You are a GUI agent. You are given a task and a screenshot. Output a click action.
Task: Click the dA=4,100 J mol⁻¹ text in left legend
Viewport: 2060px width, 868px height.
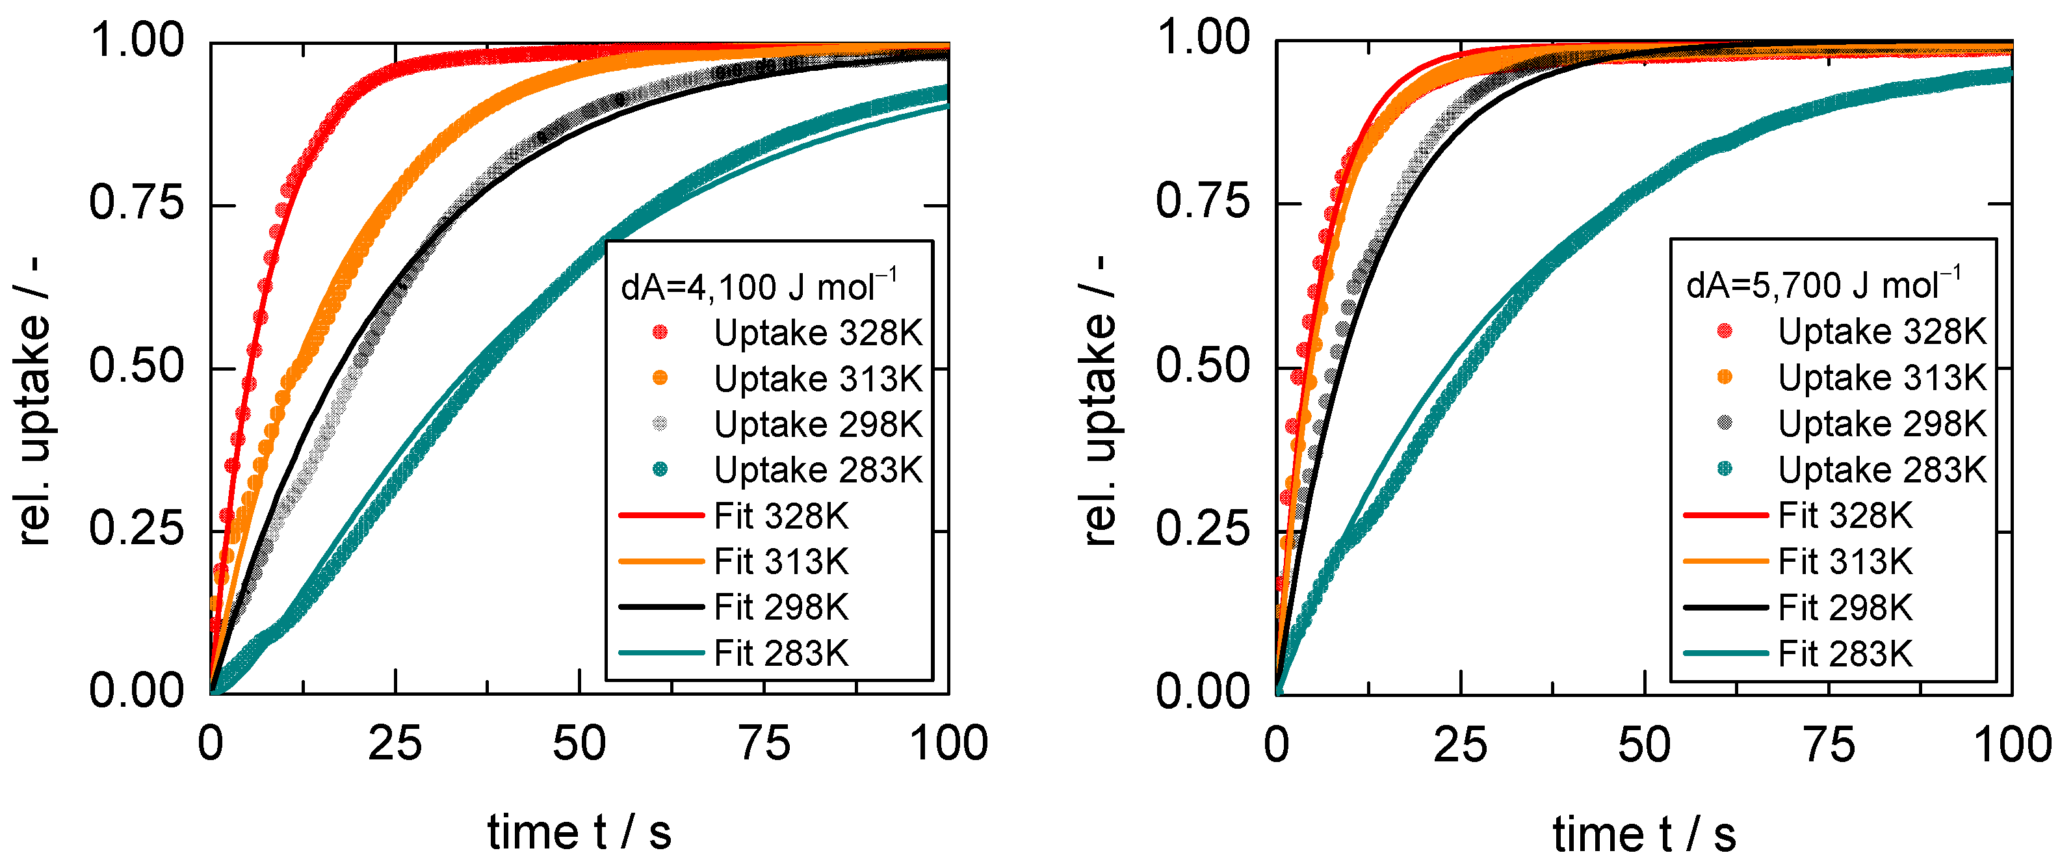coord(758,286)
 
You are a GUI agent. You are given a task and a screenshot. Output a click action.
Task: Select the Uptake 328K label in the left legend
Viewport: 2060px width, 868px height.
coord(817,333)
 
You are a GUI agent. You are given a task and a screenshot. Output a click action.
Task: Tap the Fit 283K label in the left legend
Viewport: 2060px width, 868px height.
coord(781,653)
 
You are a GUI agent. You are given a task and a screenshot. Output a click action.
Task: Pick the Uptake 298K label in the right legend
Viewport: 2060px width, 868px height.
coord(1882,424)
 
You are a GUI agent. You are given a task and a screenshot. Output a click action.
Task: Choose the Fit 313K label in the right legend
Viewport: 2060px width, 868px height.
coord(1845,562)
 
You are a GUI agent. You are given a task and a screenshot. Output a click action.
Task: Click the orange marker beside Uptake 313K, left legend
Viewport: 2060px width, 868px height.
coord(660,378)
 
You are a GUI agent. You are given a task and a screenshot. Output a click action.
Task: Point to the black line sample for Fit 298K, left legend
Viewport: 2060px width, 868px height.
coord(660,607)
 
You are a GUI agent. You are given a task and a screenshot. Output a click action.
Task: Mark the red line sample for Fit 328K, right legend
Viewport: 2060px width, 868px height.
coord(1725,515)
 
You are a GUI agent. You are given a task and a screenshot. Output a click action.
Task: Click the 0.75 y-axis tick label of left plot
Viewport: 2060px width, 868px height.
coord(136,204)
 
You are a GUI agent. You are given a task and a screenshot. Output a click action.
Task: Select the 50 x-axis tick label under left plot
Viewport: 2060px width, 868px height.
coord(579,743)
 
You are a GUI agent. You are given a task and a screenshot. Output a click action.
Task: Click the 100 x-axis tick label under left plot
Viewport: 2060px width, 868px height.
coord(948,743)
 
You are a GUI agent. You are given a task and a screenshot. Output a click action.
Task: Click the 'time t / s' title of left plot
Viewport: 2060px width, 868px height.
coord(579,832)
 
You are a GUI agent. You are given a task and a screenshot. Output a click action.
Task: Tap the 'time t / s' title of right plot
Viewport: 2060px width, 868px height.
coord(1644,834)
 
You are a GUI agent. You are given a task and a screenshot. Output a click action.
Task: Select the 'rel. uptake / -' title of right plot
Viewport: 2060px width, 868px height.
coord(1101,400)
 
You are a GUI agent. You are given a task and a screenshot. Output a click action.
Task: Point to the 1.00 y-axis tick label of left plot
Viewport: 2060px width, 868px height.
coord(136,40)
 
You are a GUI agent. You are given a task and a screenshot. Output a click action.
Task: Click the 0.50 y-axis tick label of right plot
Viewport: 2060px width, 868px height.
coord(1202,367)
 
